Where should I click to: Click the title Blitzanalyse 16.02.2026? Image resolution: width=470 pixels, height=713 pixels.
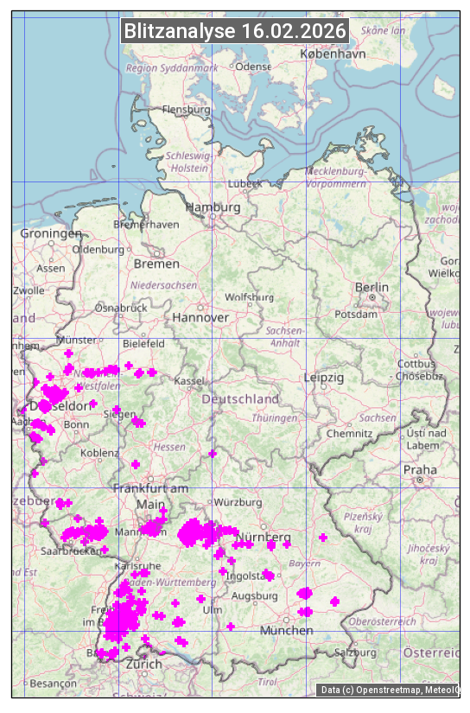pyautogui.click(x=235, y=31)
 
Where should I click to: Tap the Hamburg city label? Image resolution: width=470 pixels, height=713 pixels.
pyautogui.click(x=213, y=207)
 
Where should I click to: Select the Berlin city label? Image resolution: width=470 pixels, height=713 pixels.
pyautogui.click(x=372, y=287)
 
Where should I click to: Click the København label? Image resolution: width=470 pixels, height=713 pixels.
pyautogui.click(x=333, y=54)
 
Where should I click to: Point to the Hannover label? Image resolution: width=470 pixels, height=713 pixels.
pyautogui.click(x=200, y=317)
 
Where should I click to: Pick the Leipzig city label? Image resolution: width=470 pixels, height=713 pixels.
pyautogui.click(x=324, y=378)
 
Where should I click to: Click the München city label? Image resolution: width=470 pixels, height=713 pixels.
pyautogui.click(x=287, y=630)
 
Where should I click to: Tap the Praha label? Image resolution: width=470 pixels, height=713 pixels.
pyautogui.click(x=420, y=469)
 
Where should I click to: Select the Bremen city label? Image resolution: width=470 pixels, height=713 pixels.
pyautogui.click(x=156, y=264)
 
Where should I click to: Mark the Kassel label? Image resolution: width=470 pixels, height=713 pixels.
pyautogui.click(x=189, y=381)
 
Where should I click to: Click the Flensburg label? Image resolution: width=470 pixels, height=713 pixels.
pyautogui.click(x=187, y=110)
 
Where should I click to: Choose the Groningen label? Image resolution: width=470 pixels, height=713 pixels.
pyautogui.click(x=51, y=234)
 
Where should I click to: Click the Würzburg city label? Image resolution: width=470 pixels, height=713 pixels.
pyautogui.click(x=238, y=502)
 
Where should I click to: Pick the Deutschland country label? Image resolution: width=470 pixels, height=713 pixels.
pyautogui.click(x=240, y=398)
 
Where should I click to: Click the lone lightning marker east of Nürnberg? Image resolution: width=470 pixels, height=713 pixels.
pyautogui.click(x=323, y=538)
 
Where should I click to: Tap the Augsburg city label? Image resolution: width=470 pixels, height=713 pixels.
pyautogui.click(x=254, y=596)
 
